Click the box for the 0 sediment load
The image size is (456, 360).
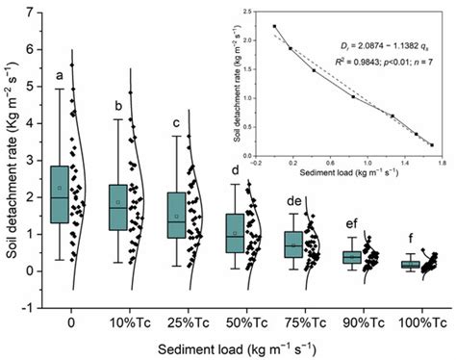[60, 194]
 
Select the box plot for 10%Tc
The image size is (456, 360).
[116, 207]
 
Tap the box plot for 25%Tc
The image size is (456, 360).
[175, 215]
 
